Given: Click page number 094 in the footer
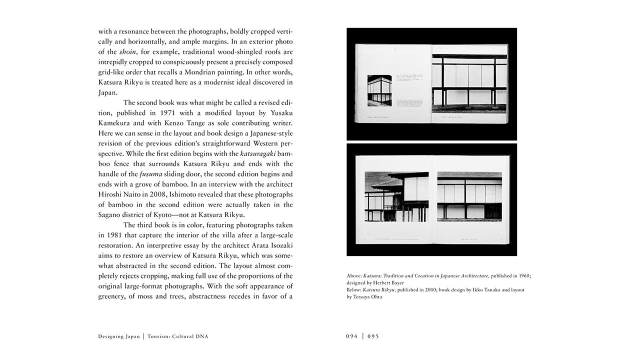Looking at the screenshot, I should (352, 336).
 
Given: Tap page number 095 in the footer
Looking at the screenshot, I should (373, 336).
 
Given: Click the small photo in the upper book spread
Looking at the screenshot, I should (379, 90).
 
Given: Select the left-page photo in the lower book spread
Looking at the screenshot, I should (396, 196).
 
